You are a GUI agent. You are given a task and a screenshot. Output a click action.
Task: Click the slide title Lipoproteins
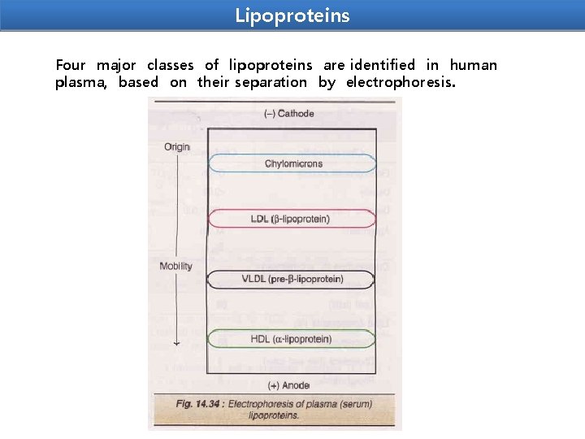click(292, 15)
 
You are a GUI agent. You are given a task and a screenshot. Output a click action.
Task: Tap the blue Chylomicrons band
click(292, 163)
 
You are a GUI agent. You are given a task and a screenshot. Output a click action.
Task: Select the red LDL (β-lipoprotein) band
click(292, 219)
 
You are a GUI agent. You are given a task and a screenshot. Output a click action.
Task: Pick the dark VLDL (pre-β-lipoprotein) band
click(292, 280)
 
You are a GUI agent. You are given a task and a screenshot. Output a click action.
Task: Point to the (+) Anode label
click(291, 385)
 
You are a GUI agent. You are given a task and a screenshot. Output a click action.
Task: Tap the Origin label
click(176, 147)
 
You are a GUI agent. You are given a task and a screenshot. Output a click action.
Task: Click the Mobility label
click(175, 266)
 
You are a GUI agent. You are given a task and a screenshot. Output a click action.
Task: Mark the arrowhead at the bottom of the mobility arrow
click(176, 345)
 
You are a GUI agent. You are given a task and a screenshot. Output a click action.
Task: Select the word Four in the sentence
click(70, 65)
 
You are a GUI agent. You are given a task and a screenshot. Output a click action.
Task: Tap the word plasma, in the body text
click(81, 82)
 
